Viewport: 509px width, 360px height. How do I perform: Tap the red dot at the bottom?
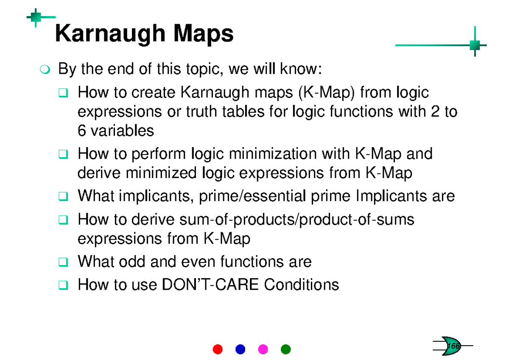pos(218,349)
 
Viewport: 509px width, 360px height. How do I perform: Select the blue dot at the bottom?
pos(240,349)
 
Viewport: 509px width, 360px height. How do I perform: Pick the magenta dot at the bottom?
pos(263,349)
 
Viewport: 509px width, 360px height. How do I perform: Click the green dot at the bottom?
pos(286,349)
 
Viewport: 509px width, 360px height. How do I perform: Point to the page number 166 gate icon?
pos(452,346)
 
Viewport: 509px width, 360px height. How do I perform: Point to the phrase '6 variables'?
pos(116,131)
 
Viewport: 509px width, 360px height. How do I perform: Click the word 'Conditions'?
pos(302,285)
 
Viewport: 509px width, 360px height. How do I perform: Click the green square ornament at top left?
pos(36,17)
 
